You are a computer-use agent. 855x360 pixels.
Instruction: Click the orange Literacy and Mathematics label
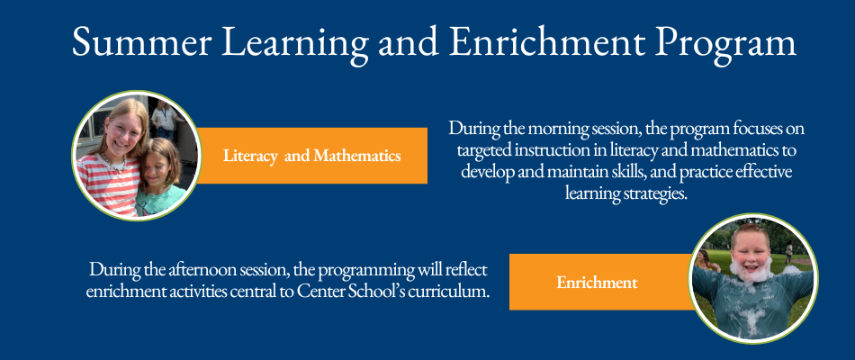click(311, 156)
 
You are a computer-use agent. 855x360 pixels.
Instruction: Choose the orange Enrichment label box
click(597, 283)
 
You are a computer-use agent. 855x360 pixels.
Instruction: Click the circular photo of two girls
click(135, 156)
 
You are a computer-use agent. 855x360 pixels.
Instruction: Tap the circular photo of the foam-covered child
click(752, 278)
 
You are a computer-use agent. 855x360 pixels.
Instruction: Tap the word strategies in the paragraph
click(648, 193)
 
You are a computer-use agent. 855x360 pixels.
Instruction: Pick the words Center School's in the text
click(357, 292)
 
